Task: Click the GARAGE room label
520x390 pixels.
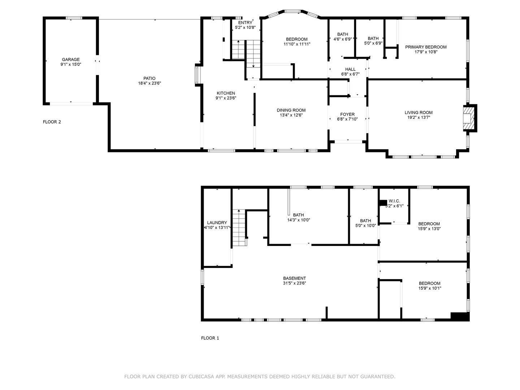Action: pos(70,60)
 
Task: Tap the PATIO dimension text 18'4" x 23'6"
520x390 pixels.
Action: pos(149,83)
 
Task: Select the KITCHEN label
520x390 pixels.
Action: pos(226,93)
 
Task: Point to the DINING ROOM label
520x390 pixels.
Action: pos(291,110)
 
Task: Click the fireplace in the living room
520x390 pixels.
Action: pos(469,118)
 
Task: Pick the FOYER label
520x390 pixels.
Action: pos(347,114)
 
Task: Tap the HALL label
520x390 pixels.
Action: pos(350,69)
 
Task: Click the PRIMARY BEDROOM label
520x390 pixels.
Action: pos(426,47)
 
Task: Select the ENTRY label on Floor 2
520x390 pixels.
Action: pos(245,22)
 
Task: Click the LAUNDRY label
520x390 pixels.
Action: pos(217,222)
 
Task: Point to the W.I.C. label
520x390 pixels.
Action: pos(394,201)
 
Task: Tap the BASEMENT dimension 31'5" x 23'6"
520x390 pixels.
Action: pos(294,283)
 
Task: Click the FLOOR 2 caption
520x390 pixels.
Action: pos(52,122)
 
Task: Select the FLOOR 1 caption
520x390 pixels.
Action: pos(210,338)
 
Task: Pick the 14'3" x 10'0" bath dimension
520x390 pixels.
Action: pos(299,220)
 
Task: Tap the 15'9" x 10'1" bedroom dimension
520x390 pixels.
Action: pos(429,288)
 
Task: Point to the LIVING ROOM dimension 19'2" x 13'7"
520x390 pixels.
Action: pos(419,117)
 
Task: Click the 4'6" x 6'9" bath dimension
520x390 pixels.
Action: pos(343,39)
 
